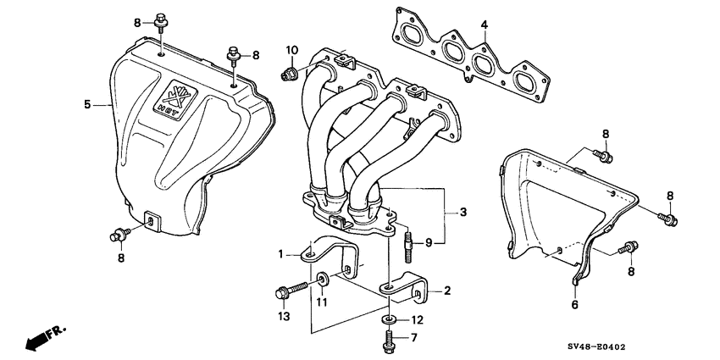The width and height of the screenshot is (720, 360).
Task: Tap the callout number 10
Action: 291,50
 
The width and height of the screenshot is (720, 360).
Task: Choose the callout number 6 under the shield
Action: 574,303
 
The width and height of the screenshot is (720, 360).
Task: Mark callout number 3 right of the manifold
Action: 462,210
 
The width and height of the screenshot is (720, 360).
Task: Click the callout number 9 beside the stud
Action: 429,243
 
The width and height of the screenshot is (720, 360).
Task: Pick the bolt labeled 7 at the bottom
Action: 388,341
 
